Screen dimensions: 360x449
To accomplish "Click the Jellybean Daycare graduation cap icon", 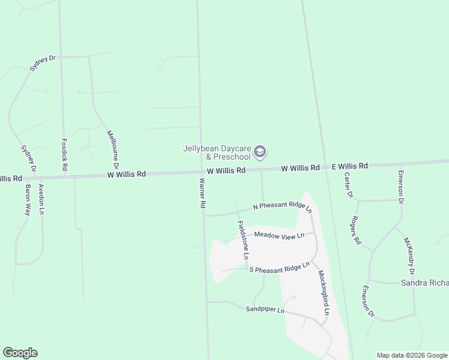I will tap(260, 152).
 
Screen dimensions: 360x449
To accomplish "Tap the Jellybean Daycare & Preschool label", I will tap(218, 152).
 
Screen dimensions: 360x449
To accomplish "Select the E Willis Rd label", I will tap(349, 166).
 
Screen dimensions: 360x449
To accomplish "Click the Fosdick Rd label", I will tap(65, 155).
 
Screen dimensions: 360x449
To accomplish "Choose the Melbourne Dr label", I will tap(113, 149).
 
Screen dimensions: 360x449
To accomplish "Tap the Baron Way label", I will tap(28, 200).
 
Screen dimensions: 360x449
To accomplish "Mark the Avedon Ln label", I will tap(41, 199).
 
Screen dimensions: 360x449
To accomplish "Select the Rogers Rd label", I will tap(356, 230).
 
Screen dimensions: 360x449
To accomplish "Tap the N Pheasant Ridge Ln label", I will tap(283, 206).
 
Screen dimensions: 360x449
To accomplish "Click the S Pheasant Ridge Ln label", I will tap(279, 267).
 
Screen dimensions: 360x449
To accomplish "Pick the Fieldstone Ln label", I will tap(243, 239).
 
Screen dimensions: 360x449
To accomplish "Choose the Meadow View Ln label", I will tap(279, 235).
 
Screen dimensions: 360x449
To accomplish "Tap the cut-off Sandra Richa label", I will tap(424, 281).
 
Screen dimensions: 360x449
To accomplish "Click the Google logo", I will tap(20, 353).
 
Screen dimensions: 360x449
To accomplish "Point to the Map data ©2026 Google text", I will tap(412, 355).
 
